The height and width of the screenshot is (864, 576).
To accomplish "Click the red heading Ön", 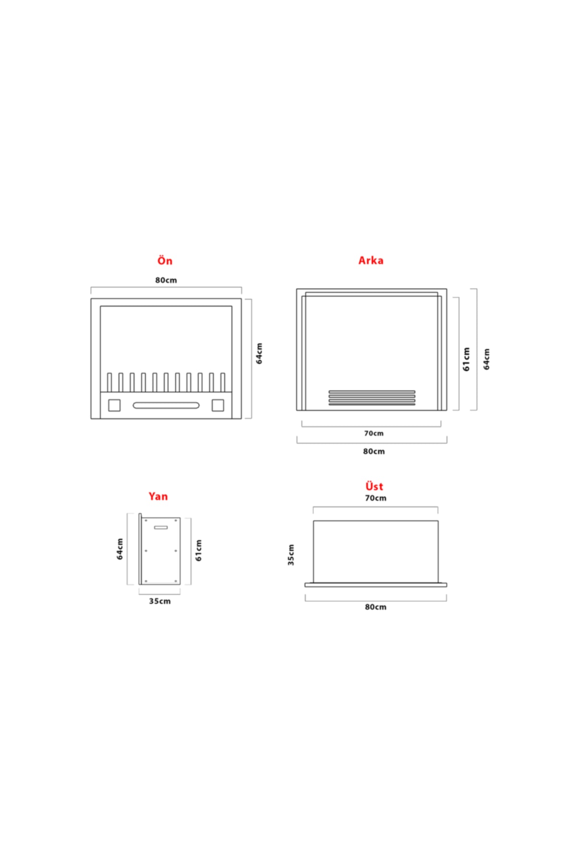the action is point(165,260).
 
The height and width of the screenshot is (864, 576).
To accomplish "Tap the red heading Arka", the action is point(371,260).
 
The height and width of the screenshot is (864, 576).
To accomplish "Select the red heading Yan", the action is point(158,496).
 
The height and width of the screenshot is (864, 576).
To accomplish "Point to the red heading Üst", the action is point(374,486).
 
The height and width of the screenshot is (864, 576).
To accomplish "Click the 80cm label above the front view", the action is point(166,280).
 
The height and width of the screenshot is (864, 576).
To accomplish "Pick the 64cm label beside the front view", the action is point(259,353).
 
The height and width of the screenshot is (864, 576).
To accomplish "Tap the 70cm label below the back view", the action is point(373,433).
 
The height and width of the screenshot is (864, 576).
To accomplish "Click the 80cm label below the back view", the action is point(373,451).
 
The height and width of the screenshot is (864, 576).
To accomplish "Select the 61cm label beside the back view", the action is point(467,359).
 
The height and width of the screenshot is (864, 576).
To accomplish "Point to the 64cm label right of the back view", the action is point(487,359).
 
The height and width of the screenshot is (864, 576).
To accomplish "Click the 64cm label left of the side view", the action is point(120,549).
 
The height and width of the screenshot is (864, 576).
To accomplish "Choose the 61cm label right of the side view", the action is point(199,550).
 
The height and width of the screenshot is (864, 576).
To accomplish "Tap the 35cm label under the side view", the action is point(159,601).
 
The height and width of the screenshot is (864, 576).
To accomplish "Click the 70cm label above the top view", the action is point(375,498).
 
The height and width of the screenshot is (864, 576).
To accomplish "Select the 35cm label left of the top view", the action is point(291,555).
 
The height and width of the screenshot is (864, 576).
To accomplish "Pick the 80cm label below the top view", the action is point(375,607).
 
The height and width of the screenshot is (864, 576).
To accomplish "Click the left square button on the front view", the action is point(114,405).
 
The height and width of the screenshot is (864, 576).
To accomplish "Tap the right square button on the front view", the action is point(218,405).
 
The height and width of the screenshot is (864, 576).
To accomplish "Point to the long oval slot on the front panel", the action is point(166,406).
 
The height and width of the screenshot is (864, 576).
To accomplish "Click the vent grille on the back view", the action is point(372,398).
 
